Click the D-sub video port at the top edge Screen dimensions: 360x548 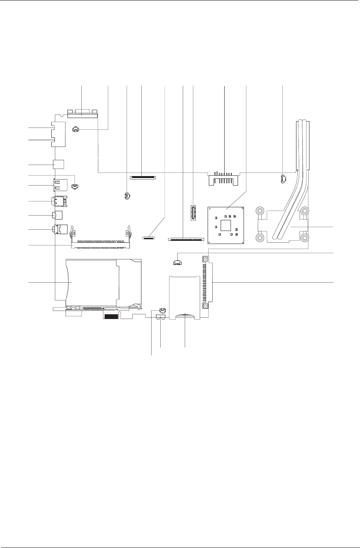(82, 114)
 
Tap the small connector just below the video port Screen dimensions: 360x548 (75, 129)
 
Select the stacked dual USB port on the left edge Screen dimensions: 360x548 (60, 185)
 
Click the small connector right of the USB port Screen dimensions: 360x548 (75, 186)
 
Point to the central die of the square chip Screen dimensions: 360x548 (226, 225)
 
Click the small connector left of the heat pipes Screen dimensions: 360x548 (283, 179)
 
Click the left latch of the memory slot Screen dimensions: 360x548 (73, 234)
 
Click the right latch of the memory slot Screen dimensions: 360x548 (127, 234)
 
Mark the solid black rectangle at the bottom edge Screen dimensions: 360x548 (111, 315)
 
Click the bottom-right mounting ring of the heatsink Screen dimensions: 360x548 (305, 238)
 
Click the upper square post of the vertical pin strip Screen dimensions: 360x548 (205, 259)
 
